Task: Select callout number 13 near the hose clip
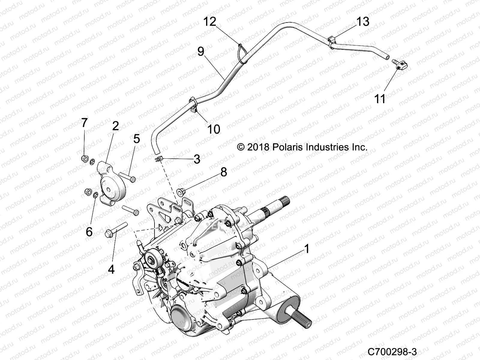coord(363,22)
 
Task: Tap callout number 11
coord(380,99)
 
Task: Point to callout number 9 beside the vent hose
coord(209,51)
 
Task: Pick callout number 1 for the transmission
coord(307,249)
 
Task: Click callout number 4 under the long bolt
coord(111,269)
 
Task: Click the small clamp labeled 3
coord(159,158)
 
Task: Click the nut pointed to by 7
coord(85,158)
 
